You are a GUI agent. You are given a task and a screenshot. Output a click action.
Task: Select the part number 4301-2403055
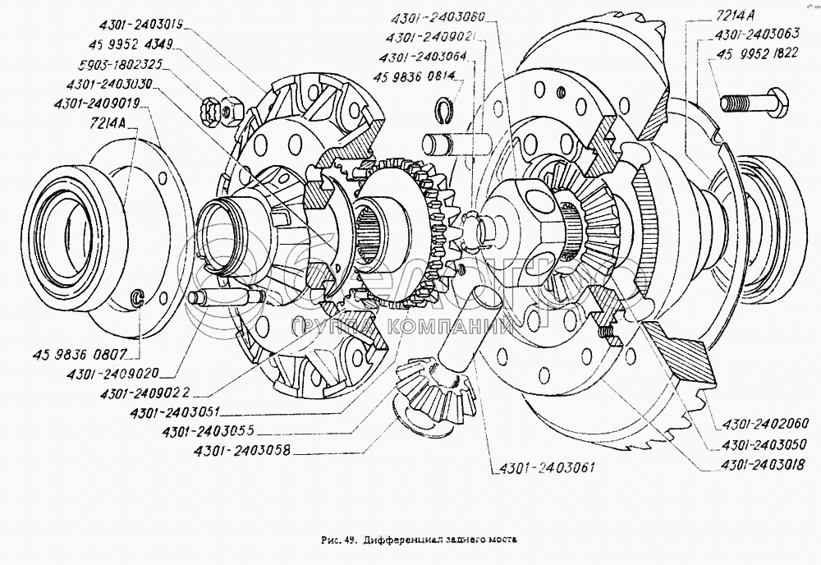pos(208,431)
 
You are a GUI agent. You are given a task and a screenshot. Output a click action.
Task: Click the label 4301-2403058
pos(238,450)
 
